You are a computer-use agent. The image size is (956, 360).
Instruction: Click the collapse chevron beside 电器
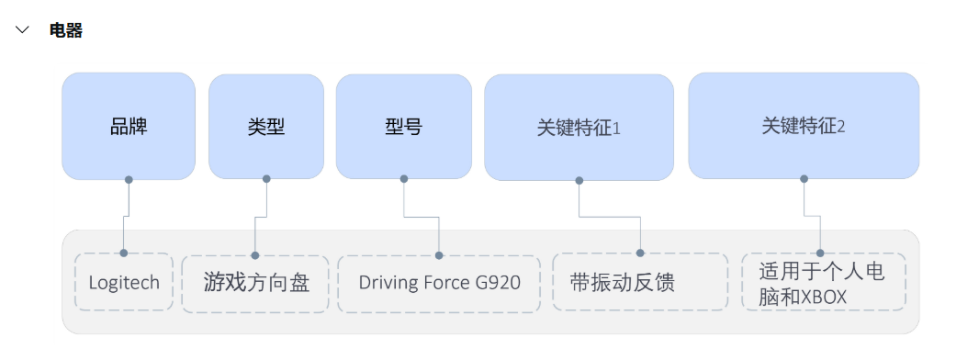point(23,30)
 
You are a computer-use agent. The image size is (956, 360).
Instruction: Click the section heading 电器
point(66,30)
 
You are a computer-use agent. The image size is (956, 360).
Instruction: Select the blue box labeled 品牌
point(129,126)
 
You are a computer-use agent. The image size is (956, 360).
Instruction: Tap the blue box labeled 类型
point(266,126)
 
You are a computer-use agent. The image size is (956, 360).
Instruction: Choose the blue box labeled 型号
point(404,126)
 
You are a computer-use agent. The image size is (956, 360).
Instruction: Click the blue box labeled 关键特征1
point(579,127)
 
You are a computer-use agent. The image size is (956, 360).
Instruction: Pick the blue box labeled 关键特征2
point(804,126)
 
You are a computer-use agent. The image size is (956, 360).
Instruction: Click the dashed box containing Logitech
point(124,282)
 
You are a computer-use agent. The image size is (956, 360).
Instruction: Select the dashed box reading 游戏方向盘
point(256,282)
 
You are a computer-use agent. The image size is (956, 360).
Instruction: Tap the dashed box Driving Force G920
point(440,282)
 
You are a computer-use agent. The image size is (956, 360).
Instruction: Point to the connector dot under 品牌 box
point(129,179)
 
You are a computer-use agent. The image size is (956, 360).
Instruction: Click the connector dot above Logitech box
point(123,253)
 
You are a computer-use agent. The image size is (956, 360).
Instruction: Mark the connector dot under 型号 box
point(404,179)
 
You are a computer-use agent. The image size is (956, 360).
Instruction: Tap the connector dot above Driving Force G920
point(439,255)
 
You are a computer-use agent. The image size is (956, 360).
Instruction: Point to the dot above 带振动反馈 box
point(640,253)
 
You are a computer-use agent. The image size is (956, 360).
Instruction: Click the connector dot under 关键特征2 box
point(804,179)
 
